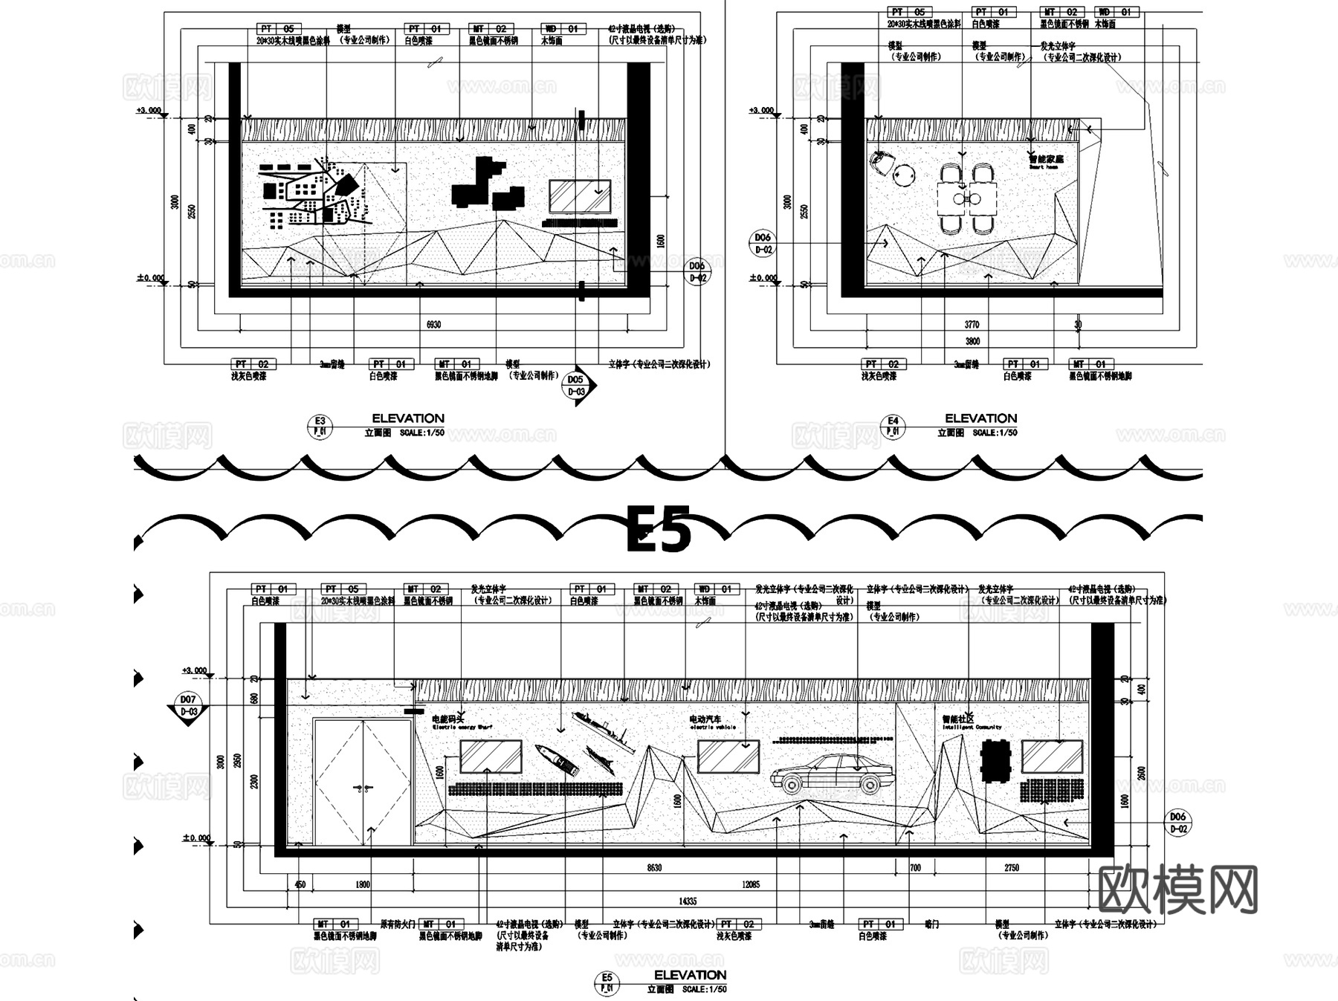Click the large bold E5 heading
coord(659,529)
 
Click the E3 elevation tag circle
coord(320,427)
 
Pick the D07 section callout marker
coord(187,705)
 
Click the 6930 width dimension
coord(433,325)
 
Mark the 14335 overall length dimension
coord(687,901)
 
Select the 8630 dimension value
coord(654,868)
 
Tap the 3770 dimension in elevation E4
coord(972,325)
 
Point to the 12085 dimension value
coord(751,884)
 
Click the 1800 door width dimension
coord(363,884)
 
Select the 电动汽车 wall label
coord(705,719)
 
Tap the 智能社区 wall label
coord(957,719)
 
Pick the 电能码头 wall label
coord(448,719)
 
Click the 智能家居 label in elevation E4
coord(1046,159)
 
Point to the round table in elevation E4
coord(905,176)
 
